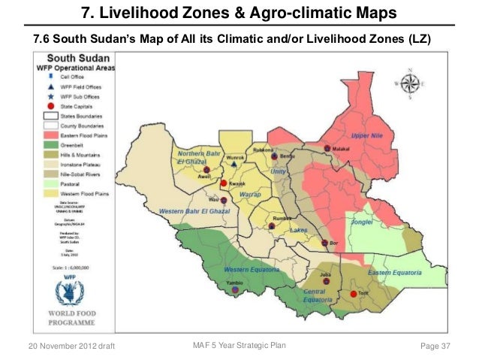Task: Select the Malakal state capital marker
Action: pos(327,148)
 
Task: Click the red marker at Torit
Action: pos(353,294)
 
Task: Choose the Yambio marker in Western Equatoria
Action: pos(235,289)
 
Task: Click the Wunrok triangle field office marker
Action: pos(235,165)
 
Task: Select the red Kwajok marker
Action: pos(223,183)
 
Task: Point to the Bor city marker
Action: pos(324,243)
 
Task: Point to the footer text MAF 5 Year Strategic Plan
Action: pos(235,345)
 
